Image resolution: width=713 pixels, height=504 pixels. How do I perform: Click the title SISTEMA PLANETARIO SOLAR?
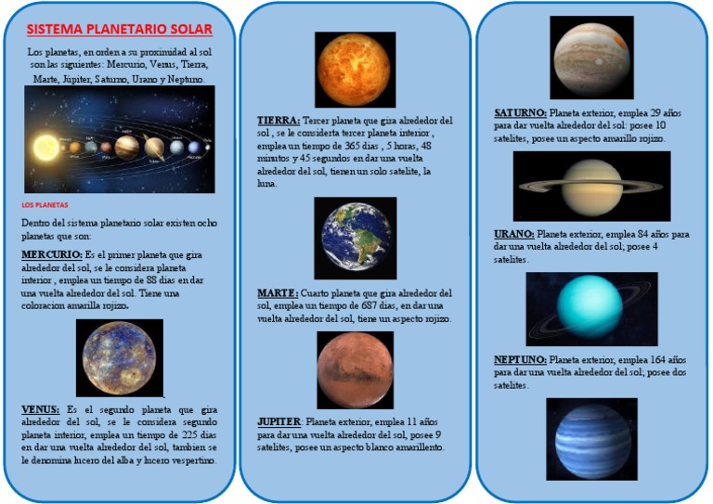point(119,30)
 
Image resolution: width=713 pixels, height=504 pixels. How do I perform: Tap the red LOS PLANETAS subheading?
point(45,205)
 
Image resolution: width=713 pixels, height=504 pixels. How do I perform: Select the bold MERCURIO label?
point(50,253)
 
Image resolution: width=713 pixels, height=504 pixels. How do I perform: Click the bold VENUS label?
point(40,409)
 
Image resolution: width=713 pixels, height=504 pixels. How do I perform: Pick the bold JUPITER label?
point(279,421)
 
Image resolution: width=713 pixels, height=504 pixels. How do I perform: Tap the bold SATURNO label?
point(520,112)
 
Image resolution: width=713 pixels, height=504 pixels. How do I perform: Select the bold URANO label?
point(514,235)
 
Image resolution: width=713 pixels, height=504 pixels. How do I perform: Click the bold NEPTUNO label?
point(520,359)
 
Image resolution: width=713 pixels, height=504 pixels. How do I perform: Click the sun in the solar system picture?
point(44,147)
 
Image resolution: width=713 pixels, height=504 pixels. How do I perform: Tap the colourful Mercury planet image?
point(119,357)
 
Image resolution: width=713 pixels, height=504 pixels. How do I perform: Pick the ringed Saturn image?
point(591,187)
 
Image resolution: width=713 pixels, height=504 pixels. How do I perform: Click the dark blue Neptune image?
point(591,439)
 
